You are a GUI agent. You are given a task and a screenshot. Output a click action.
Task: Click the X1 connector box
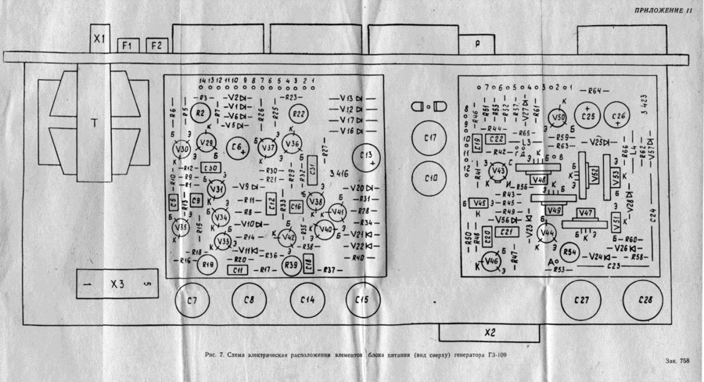[98, 38]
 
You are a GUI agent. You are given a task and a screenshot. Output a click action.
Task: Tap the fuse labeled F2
[156, 45]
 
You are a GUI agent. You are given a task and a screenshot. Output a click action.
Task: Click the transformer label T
[94, 124]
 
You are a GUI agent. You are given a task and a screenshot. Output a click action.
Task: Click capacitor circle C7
[192, 300]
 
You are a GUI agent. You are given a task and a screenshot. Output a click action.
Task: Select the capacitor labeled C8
[250, 300]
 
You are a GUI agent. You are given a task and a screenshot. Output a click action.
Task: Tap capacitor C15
[361, 300]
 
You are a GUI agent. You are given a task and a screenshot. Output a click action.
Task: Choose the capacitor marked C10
[429, 178]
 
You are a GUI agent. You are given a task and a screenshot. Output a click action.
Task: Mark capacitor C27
[580, 300]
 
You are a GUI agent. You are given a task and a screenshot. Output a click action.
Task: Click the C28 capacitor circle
[645, 300]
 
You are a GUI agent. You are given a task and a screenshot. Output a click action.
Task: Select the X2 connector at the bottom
[490, 332]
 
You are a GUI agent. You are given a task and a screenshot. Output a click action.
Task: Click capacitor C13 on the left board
[368, 156]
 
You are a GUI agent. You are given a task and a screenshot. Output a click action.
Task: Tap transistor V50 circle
[558, 117]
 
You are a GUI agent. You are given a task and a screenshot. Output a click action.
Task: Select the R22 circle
[299, 114]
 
